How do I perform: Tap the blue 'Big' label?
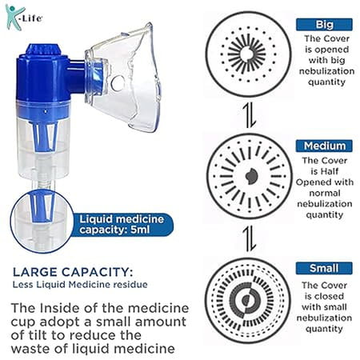click(x=324, y=24)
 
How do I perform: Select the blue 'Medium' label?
click(x=324, y=146)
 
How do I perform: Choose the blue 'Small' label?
click(x=324, y=268)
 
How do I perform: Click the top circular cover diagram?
click(x=249, y=54)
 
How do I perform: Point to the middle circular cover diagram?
click(x=249, y=175)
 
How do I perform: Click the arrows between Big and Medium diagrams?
click(x=250, y=115)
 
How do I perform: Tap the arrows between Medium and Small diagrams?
click(x=250, y=238)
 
